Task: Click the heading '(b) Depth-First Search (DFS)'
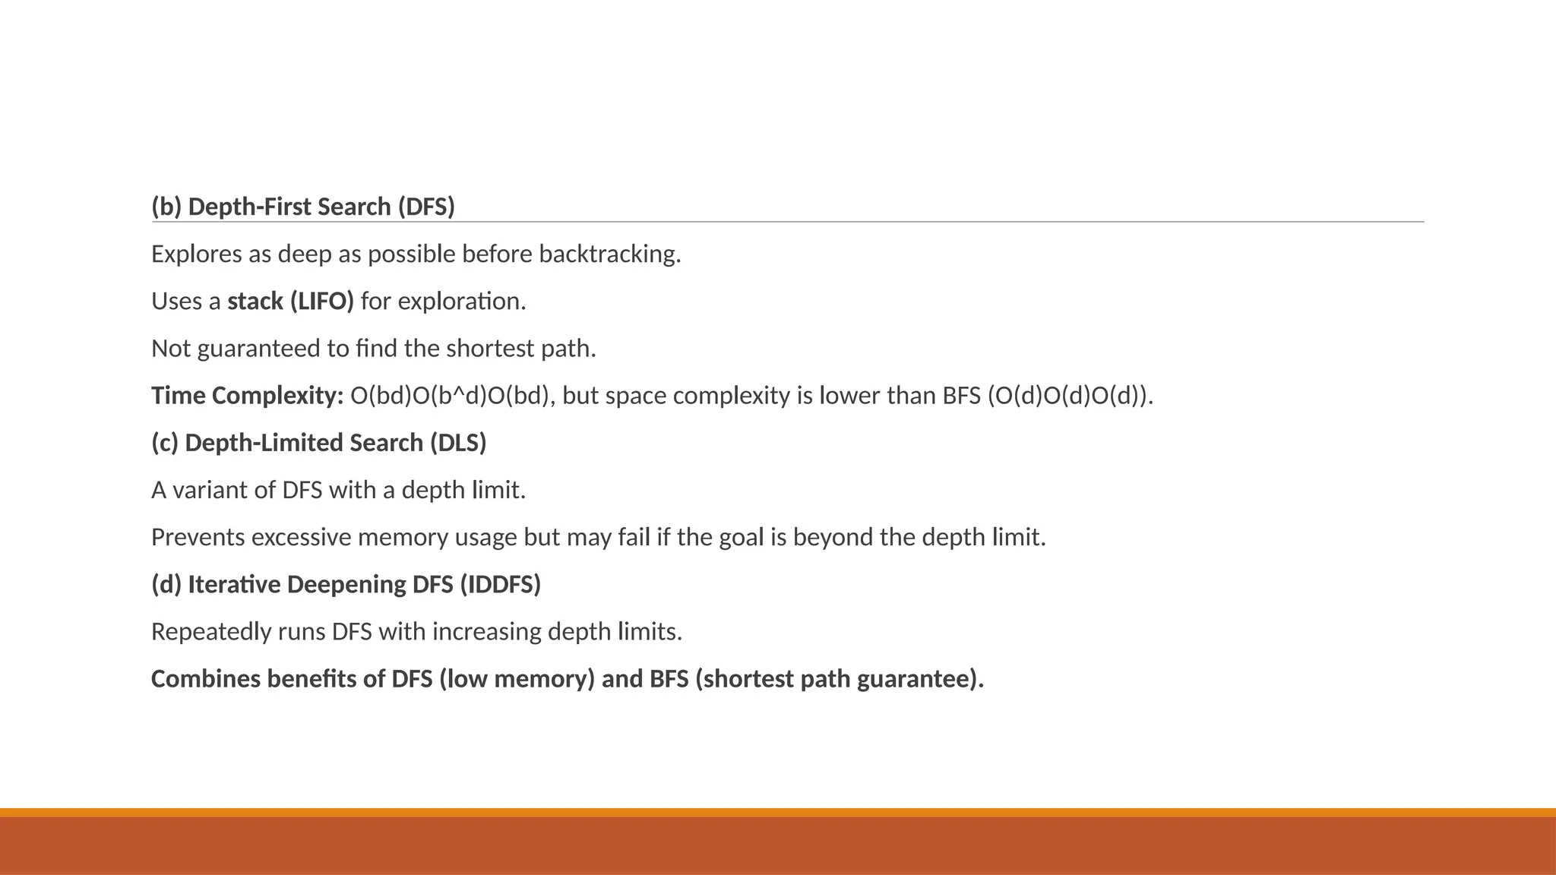click(302, 207)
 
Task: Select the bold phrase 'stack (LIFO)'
click(290, 302)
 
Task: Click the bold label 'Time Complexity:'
click(248, 396)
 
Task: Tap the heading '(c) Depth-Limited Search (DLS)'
click(318, 443)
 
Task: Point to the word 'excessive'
click(301, 538)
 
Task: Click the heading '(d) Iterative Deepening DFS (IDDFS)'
click(346, 585)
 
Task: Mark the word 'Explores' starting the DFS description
click(197, 254)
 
